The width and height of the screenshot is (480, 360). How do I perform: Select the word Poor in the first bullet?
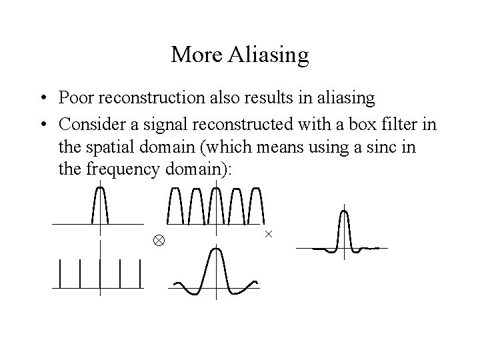[75, 98]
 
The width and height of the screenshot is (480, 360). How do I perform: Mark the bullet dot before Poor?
[42, 99]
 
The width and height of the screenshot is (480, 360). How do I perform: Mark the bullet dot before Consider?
[42, 123]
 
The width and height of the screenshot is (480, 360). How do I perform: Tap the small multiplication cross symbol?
[269, 234]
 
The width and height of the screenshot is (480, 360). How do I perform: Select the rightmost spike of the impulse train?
[141, 273]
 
